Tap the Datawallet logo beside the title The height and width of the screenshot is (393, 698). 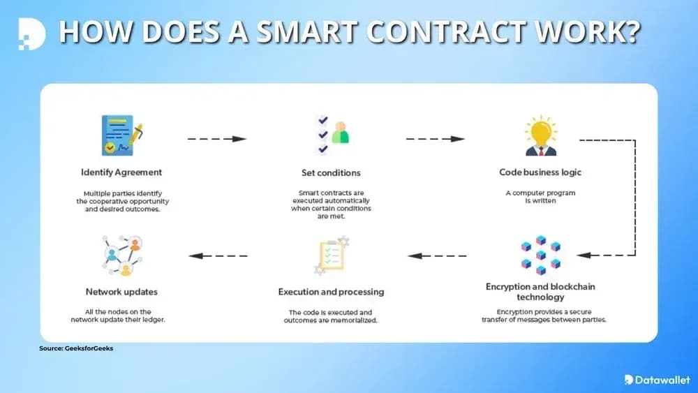click(x=31, y=33)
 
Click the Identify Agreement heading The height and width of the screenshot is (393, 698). click(x=121, y=172)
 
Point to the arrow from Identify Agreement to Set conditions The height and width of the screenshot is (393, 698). click(x=217, y=139)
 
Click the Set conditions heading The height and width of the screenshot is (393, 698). click(x=331, y=172)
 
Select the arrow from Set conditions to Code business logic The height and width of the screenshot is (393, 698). click(x=435, y=139)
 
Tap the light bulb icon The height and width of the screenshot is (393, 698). click(x=540, y=135)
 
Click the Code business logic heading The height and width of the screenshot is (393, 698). click(x=540, y=172)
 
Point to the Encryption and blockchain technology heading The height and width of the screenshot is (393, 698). click(x=540, y=292)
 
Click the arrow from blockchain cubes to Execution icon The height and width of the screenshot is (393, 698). click(x=437, y=255)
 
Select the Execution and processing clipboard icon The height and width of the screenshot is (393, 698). click(x=331, y=255)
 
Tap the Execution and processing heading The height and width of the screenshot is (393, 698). click(x=331, y=292)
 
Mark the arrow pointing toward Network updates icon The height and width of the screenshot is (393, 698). click(x=218, y=255)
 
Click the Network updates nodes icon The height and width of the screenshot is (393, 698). click(x=121, y=255)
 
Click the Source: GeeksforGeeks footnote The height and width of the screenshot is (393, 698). click(x=75, y=348)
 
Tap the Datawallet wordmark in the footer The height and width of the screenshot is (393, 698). click(x=657, y=380)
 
